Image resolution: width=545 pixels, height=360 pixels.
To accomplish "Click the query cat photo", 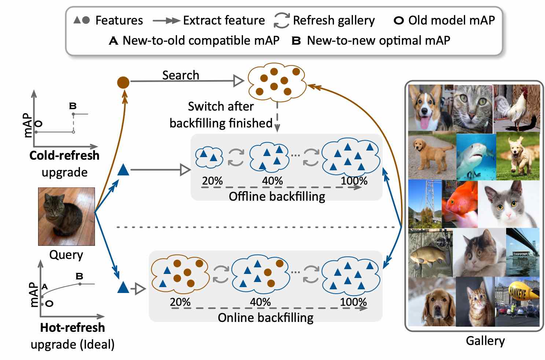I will click(66, 216).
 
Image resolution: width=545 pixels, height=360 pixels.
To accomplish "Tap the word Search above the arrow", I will click(181, 75).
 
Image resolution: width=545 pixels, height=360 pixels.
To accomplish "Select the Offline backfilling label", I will click(277, 197).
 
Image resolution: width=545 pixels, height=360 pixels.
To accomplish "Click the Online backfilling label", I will click(265, 318).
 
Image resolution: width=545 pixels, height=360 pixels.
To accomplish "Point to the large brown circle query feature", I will click(123, 82).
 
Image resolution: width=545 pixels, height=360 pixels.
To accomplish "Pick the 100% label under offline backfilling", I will click(354, 181).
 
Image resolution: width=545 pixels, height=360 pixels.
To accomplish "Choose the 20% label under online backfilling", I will click(180, 302).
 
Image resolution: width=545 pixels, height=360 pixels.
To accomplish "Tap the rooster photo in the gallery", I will click(516, 108).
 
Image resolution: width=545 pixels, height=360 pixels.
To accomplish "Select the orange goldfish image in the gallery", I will click(460, 204).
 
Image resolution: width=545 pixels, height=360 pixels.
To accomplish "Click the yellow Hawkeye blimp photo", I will click(517, 301).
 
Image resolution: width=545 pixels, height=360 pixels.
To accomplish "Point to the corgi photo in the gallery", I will click(430, 108).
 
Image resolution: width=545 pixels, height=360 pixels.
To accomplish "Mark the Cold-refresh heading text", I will click(64, 155).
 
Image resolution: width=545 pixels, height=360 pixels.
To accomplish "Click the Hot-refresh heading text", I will click(72, 327).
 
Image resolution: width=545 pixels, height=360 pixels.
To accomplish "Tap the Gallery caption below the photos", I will click(485, 341).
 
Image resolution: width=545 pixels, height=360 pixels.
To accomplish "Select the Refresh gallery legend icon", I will click(281, 21).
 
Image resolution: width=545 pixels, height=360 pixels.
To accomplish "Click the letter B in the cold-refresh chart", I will click(73, 106).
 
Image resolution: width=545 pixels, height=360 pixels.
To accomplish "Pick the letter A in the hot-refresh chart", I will click(45, 286).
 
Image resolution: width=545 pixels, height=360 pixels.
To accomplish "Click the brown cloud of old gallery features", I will click(277, 83).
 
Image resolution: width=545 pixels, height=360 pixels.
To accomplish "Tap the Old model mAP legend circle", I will click(398, 21).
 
